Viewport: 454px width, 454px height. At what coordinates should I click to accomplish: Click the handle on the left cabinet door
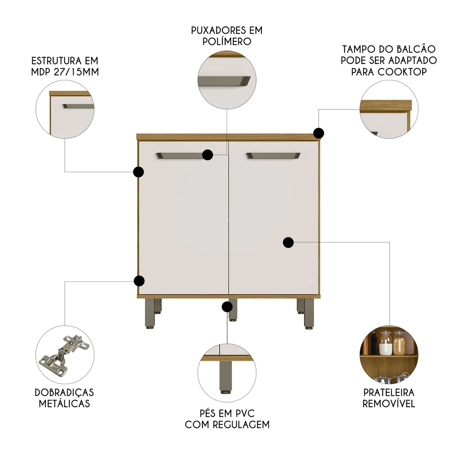(x=179, y=156)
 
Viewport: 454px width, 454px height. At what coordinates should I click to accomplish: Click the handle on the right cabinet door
(x=273, y=156)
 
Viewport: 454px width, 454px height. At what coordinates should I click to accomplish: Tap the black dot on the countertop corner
(x=319, y=133)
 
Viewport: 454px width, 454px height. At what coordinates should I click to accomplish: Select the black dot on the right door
(x=288, y=242)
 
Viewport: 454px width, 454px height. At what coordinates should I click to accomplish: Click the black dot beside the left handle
(x=207, y=155)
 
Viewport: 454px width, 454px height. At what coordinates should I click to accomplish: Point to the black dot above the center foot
(x=227, y=307)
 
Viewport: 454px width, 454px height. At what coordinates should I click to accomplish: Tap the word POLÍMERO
(x=227, y=41)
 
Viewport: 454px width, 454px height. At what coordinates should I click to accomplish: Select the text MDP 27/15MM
(x=64, y=72)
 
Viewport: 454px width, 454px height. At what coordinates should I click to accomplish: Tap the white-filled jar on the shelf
(x=386, y=346)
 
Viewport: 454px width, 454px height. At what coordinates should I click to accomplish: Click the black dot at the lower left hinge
(x=139, y=281)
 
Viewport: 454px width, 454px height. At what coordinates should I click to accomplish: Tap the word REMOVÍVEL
(x=389, y=404)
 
